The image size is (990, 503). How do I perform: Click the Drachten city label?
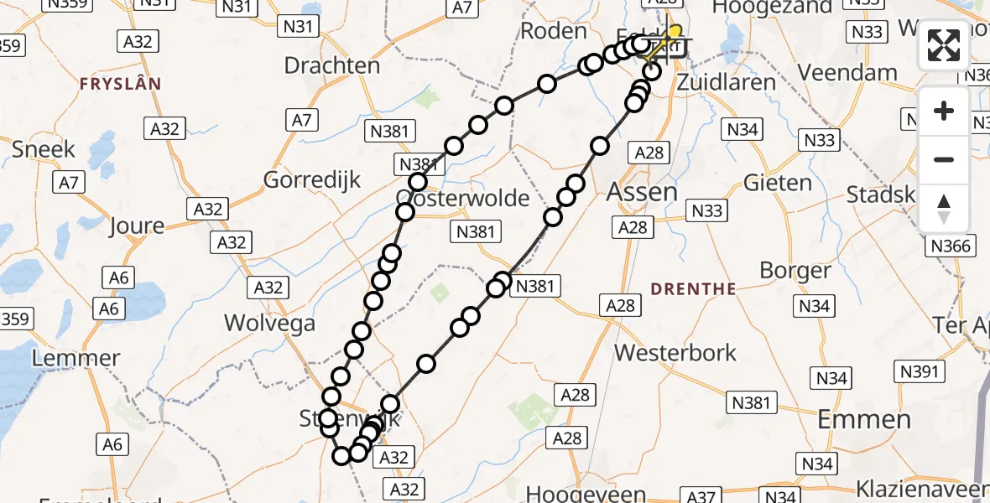click(332, 65)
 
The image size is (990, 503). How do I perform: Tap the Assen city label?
click(642, 191)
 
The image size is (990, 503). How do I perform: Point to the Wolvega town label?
click(270, 324)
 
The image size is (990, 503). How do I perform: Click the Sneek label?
click(44, 149)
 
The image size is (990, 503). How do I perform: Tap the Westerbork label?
click(675, 353)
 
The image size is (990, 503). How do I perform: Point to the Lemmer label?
click(76, 359)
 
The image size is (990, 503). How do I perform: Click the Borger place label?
click(795, 271)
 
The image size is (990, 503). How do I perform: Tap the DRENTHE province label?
click(693, 289)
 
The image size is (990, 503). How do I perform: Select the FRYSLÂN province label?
click(120, 84)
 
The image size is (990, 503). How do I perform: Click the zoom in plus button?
click(944, 111)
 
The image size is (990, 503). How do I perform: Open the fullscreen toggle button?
click(944, 45)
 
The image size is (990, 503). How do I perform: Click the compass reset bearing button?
click(944, 208)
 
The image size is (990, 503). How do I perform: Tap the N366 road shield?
click(951, 246)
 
